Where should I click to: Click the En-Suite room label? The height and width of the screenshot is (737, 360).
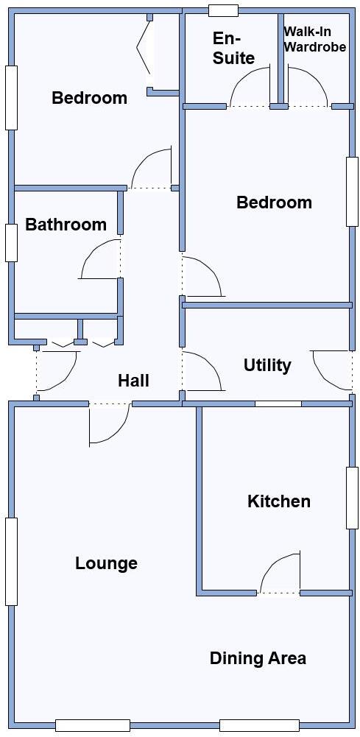coord(233,48)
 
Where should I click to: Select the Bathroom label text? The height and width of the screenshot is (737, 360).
coord(66,225)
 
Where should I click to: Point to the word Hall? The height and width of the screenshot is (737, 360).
coord(133,381)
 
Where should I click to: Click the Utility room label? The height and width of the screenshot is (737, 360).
coord(267,365)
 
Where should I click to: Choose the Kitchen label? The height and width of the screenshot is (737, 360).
coord(278,501)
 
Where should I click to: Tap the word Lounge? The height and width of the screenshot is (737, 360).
coord(106,563)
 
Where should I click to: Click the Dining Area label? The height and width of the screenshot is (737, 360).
coord(258,658)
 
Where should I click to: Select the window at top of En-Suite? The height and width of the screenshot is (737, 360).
coord(223,10)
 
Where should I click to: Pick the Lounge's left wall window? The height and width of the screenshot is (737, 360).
coord(11,561)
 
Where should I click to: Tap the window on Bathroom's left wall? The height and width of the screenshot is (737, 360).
coord(11,242)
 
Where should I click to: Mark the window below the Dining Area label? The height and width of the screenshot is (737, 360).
coord(258,725)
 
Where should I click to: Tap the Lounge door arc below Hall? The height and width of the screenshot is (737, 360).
coord(109,426)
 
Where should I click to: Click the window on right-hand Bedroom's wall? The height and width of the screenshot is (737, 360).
coord(352,191)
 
